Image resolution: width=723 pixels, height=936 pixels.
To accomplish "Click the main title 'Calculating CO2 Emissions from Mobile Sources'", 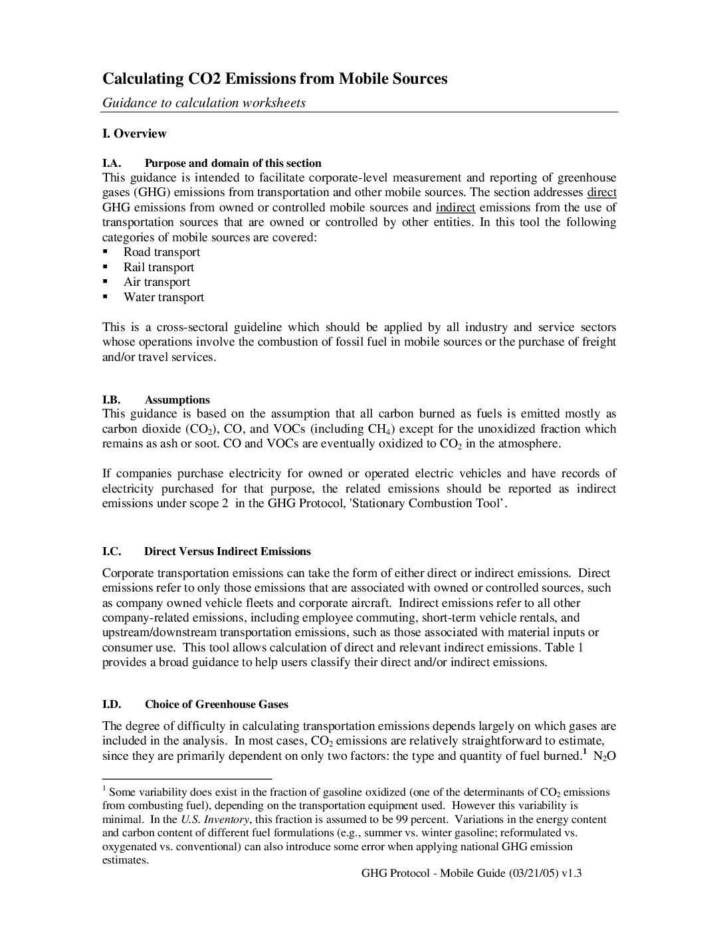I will point(274,79).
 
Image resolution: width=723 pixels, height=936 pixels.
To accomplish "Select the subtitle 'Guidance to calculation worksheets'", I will point(203,103).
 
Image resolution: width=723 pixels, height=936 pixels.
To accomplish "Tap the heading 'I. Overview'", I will point(134,134).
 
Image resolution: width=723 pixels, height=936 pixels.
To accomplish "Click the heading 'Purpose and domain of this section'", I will point(233,163).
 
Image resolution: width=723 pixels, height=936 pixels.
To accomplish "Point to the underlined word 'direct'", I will point(601,193).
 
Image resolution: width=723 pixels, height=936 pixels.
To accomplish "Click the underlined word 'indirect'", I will point(455,207).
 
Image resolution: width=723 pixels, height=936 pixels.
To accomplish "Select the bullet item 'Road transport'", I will point(161,252).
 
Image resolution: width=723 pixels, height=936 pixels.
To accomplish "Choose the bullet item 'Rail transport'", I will point(159,267).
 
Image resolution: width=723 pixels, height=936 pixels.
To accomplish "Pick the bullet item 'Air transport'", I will point(157,282).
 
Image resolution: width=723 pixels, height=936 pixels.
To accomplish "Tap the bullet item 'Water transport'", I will point(163,297).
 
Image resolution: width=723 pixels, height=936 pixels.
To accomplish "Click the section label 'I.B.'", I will point(111,400).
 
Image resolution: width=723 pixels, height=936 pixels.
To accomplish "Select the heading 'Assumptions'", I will point(177,400).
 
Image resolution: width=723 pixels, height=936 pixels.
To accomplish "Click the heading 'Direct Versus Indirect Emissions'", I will point(227,551).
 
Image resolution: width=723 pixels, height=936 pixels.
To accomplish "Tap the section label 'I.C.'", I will point(112,551).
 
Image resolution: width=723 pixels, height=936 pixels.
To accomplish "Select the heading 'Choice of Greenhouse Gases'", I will point(216,704).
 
